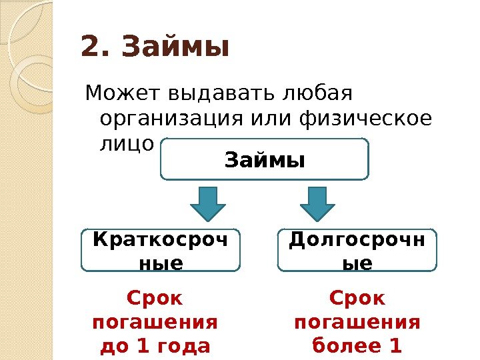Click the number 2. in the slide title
(x=98, y=48)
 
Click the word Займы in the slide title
(x=176, y=48)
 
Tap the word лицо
(x=127, y=144)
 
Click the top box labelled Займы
(x=265, y=160)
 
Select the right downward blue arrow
(x=318, y=203)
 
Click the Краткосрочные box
(x=160, y=251)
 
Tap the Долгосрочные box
(x=357, y=251)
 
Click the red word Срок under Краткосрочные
(x=155, y=297)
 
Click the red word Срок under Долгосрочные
(x=357, y=297)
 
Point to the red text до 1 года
(x=155, y=346)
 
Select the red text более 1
(x=357, y=346)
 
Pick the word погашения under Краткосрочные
(x=155, y=322)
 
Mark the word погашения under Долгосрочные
(x=357, y=322)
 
